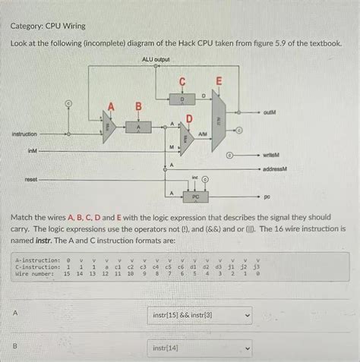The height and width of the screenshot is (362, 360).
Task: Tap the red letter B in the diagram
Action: [x=138, y=107]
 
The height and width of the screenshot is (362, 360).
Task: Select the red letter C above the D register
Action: [x=182, y=81]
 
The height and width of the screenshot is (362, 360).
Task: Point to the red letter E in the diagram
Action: [x=219, y=81]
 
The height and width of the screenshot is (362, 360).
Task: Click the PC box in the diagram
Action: [x=194, y=196]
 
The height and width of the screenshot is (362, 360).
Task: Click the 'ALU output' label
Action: [x=156, y=59]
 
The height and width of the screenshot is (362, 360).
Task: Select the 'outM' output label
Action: [x=270, y=111]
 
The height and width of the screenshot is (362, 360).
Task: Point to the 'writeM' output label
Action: [x=273, y=156]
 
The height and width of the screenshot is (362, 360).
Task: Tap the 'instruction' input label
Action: [x=24, y=134]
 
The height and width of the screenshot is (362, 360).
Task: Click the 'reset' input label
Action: [x=31, y=180]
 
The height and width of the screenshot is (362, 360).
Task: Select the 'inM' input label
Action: [x=32, y=151]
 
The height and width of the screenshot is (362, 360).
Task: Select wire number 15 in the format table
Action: [x=67, y=274]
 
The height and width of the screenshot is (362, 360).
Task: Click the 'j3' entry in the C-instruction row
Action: [x=257, y=267]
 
